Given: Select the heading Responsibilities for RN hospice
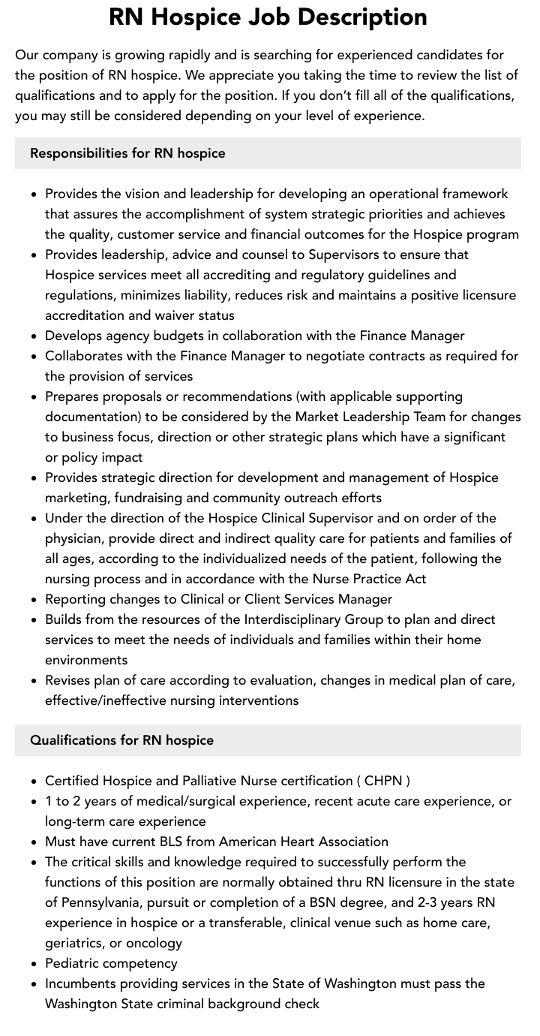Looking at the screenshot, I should click(127, 153).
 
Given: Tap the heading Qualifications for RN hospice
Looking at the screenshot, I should click(121, 740).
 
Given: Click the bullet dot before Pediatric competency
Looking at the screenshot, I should click(34, 964).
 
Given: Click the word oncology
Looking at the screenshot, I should click(153, 943).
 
